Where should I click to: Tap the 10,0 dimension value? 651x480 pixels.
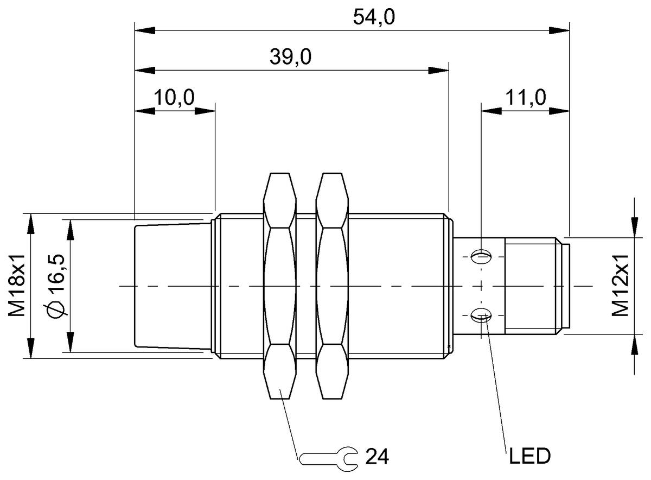(x=174, y=98)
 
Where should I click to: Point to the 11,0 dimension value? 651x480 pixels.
(x=525, y=98)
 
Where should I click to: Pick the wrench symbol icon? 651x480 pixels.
(x=329, y=457)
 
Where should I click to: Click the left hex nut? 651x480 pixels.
(x=280, y=286)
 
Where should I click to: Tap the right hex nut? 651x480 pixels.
(x=333, y=286)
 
